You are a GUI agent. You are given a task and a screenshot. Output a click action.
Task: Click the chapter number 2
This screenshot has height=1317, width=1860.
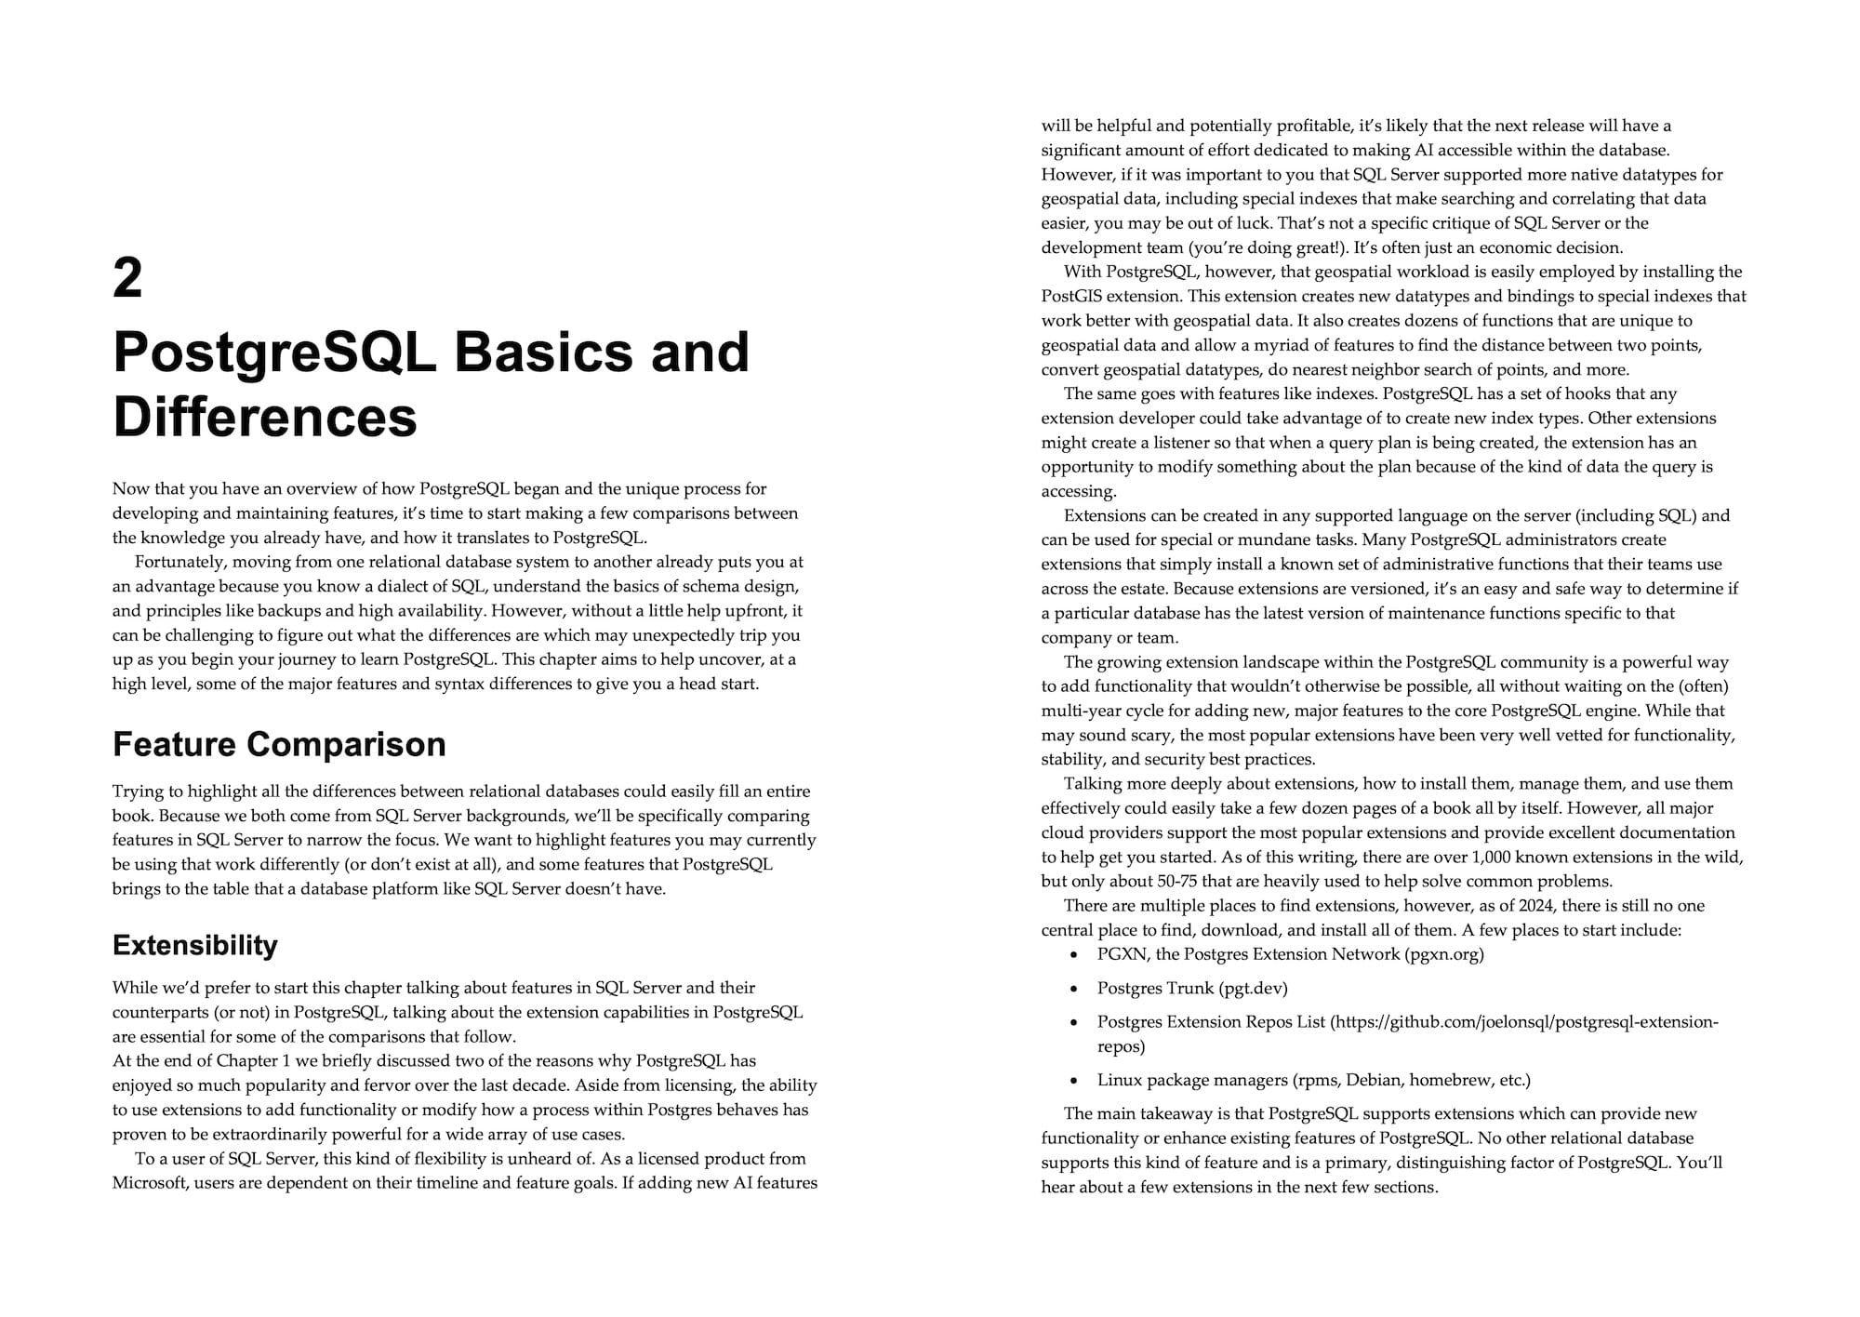click(128, 278)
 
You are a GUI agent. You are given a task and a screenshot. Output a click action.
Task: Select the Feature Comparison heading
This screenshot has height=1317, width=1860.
click(279, 744)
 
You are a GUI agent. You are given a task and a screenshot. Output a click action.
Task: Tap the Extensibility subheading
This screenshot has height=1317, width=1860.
click(195, 945)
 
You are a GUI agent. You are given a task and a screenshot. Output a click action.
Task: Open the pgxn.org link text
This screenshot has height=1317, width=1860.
click(1444, 954)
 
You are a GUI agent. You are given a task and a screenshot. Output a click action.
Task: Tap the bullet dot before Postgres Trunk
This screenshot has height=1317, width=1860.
click(1075, 989)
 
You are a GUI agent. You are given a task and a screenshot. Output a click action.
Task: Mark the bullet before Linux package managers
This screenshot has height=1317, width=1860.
click(1075, 1081)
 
